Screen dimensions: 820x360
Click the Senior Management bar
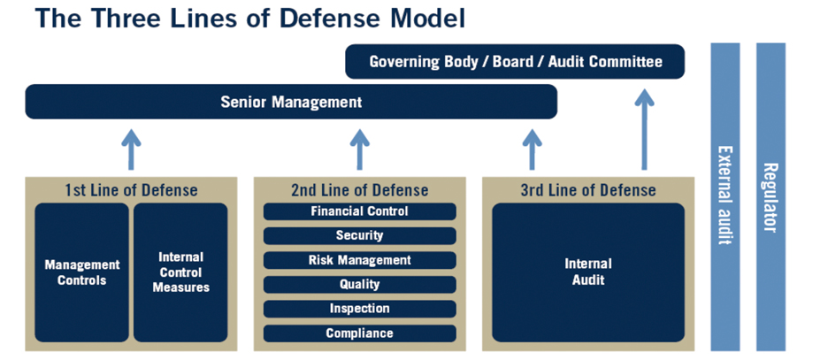tap(291, 102)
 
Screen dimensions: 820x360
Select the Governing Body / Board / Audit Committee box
tap(515, 61)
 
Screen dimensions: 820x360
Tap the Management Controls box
tap(81, 272)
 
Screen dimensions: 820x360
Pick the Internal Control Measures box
tap(180, 272)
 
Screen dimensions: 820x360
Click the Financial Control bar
tap(359, 211)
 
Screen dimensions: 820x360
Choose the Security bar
tap(359, 235)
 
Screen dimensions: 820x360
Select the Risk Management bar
tap(359, 260)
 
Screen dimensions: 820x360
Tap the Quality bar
tap(359, 284)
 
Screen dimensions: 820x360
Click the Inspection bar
tap(359, 309)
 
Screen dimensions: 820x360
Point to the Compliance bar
tap(359, 333)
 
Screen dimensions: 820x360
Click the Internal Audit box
tap(588, 272)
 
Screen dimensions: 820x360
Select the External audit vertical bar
tap(724, 196)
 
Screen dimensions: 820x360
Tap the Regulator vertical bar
tap(770, 196)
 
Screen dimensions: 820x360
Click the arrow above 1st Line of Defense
tap(131, 149)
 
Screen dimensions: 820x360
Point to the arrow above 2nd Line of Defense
tap(359, 149)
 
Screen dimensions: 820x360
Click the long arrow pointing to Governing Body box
tap(644, 130)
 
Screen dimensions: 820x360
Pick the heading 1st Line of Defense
tap(131, 190)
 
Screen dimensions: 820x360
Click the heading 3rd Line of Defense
tap(588, 190)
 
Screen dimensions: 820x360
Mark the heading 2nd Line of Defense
tap(359, 190)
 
